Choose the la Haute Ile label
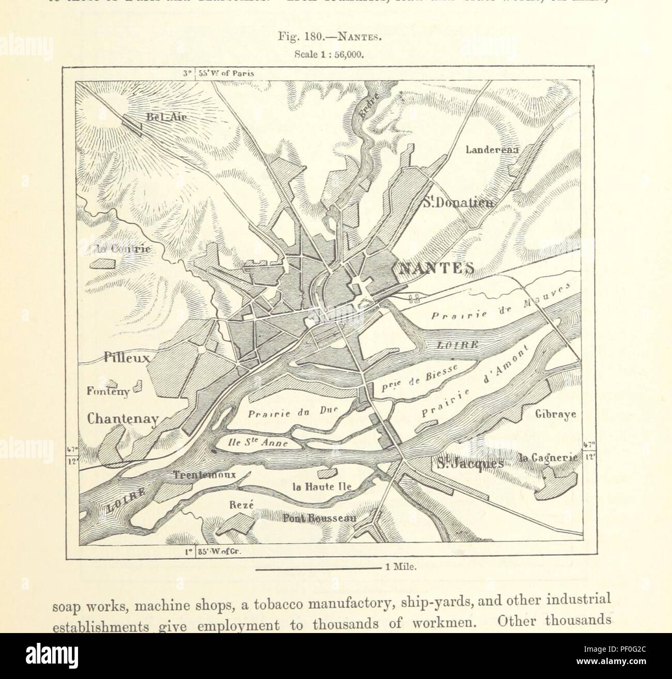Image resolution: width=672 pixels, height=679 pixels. click(315, 486)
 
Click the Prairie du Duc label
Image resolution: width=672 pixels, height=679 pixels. click(292, 413)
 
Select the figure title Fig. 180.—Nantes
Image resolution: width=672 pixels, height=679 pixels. click(336, 37)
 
